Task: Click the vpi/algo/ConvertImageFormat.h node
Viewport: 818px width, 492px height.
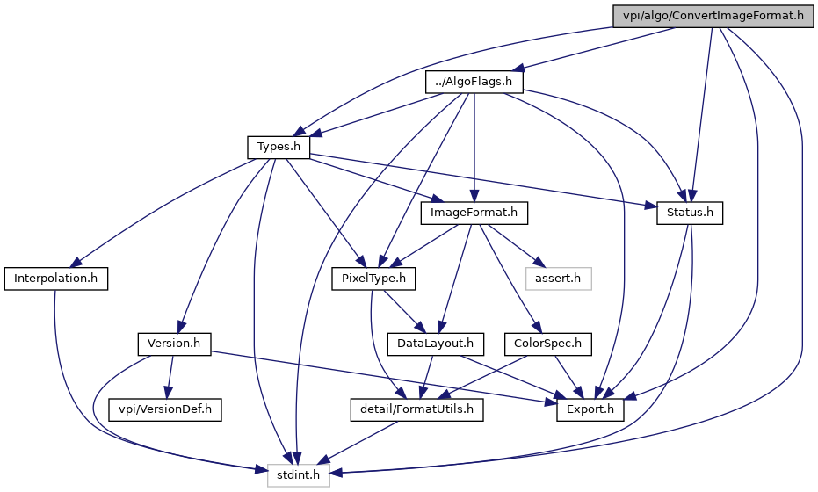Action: [713, 16]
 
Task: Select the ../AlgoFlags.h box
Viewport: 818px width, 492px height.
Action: [474, 82]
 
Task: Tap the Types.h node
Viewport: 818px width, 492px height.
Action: [279, 147]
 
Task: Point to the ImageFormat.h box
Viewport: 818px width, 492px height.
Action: [474, 213]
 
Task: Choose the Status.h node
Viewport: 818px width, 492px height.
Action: [690, 213]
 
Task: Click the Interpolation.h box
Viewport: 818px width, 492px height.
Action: [56, 279]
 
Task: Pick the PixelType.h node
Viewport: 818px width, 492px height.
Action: [373, 279]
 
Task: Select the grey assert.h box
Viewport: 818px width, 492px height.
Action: [558, 279]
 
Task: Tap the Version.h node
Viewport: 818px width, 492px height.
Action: [174, 344]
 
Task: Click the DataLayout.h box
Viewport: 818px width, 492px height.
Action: [435, 344]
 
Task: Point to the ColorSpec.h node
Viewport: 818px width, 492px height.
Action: [547, 344]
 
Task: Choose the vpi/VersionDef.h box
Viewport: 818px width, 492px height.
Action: [165, 409]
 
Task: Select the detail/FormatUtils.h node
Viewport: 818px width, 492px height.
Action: [416, 409]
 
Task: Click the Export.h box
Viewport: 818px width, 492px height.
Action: [590, 409]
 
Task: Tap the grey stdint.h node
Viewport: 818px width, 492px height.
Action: [299, 475]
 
